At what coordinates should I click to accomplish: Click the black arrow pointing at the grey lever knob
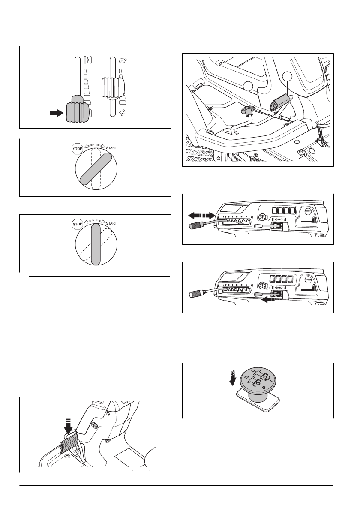[x=57, y=113]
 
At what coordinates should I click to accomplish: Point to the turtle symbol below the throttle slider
[x=123, y=113]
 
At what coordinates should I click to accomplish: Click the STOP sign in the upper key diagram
[x=77, y=149]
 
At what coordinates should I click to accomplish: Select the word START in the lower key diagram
[x=111, y=223]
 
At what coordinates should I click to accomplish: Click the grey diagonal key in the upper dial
[x=96, y=169]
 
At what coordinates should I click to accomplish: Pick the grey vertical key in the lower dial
[x=96, y=244]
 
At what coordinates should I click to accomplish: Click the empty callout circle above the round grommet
[x=248, y=86]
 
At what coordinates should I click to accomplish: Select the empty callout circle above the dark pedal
[x=287, y=77]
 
